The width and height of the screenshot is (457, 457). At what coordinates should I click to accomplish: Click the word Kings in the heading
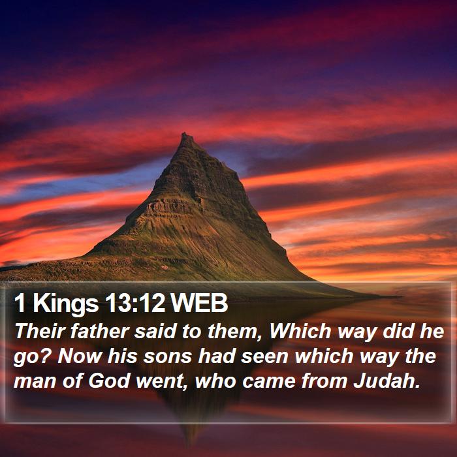pyautogui.click(x=65, y=305)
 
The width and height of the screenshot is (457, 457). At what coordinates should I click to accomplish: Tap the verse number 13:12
pyautogui.click(x=134, y=303)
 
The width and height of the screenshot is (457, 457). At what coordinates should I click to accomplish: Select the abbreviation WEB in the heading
pyautogui.click(x=198, y=303)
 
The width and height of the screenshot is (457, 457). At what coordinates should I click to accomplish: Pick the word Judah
pyautogui.click(x=387, y=381)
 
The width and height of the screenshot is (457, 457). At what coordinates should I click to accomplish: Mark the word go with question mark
pyautogui.click(x=33, y=357)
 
